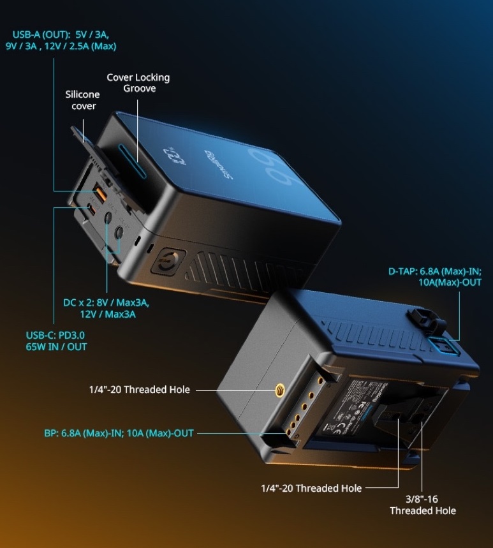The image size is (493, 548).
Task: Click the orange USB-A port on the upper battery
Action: [100, 189]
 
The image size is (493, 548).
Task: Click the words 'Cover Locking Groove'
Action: [138, 83]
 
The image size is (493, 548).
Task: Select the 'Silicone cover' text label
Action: [83, 100]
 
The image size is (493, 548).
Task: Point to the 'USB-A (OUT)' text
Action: [40, 36]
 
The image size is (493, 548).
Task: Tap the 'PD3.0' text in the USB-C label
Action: [70, 335]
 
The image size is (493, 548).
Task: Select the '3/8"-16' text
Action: [423, 500]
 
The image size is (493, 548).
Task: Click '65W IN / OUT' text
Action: [55, 346]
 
